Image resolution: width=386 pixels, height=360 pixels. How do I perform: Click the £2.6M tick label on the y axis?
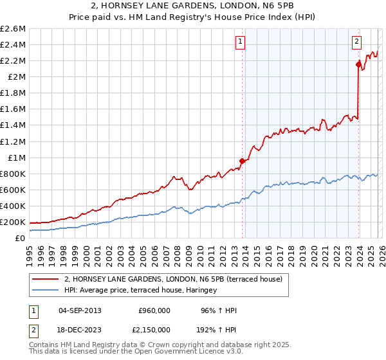coord(13,29)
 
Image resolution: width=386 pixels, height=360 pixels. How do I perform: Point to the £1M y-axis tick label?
coord(16,157)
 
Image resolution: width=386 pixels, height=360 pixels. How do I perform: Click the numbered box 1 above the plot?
coord(240,42)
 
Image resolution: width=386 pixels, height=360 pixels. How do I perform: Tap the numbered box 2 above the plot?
coord(356,42)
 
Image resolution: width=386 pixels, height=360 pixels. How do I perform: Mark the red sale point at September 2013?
coord(243,161)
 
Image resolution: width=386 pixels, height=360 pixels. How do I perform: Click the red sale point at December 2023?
coord(358,64)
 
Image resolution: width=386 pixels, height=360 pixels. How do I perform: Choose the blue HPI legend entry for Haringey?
coord(140,291)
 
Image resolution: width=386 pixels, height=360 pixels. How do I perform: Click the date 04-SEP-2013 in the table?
coord(80,310)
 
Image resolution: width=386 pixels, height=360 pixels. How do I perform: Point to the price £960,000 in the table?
coord(154,310)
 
